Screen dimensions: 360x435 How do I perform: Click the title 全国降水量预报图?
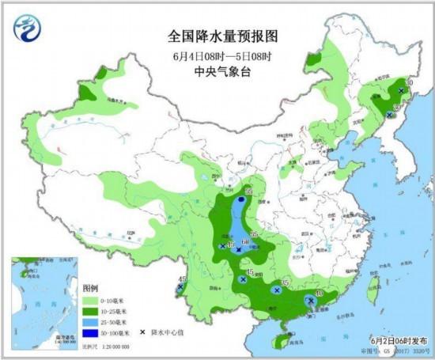[217, 36]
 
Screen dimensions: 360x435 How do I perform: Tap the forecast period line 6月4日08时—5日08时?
[217, 55]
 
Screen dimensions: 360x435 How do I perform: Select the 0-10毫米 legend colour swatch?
[88, 301]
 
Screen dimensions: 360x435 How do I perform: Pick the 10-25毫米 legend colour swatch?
[88, 313]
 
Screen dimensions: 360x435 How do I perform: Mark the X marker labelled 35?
[277, 290]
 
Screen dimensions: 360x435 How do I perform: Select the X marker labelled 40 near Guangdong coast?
[311, 301]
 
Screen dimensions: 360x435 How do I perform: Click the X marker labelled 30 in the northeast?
[388, 116]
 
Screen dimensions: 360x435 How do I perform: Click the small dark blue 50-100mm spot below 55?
[241, 201]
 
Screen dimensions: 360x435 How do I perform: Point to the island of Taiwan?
[373, 289]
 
